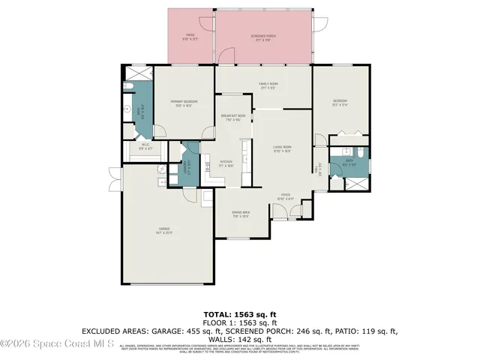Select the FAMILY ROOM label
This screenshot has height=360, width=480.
coord(263,86)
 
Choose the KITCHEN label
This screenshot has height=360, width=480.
coord(226,163)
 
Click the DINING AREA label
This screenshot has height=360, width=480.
coord(241,214)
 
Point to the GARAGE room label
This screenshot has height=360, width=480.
coord(164,229)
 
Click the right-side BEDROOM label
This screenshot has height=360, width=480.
coord(340,103)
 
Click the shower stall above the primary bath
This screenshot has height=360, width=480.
coord(136,73)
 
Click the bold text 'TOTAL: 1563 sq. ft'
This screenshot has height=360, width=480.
coord(240,314)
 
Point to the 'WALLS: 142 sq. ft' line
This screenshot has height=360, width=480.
coord(240,338)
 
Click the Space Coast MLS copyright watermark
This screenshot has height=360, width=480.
coord(57,344)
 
